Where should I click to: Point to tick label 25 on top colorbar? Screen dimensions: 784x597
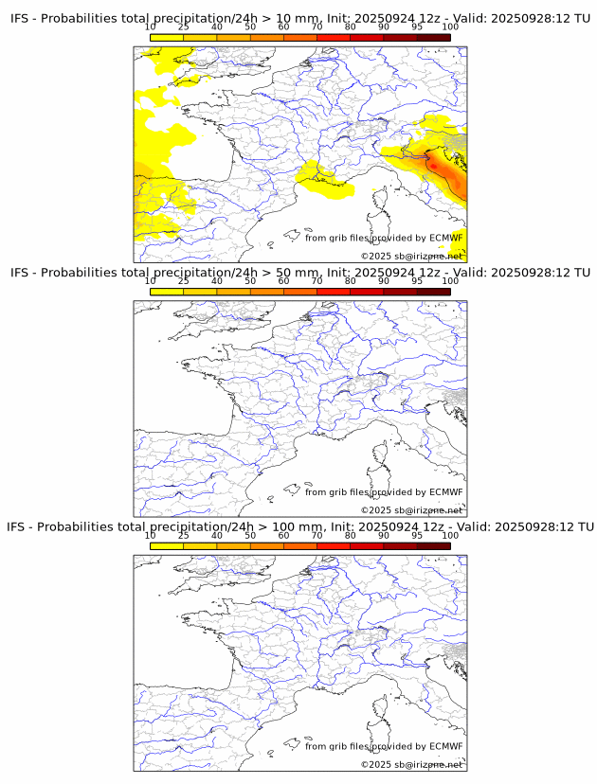[x=183, y=27]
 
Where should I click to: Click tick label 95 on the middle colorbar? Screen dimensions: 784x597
[x=417, y=281]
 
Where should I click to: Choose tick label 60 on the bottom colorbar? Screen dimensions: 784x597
[x=283, y=535]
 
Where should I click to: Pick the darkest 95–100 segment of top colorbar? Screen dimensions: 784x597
[x=433, y=37]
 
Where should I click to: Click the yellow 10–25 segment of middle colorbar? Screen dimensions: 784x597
[x=166, y=292]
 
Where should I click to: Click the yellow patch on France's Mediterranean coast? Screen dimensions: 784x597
[x=322, y=178]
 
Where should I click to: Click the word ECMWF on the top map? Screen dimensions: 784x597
[x=446, y=238]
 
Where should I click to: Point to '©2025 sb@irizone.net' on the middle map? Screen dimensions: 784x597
[x=411, y=510]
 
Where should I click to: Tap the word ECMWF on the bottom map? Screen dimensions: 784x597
[x=446, y=746]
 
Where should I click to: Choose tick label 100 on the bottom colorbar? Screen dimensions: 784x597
[x=450, y=535]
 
